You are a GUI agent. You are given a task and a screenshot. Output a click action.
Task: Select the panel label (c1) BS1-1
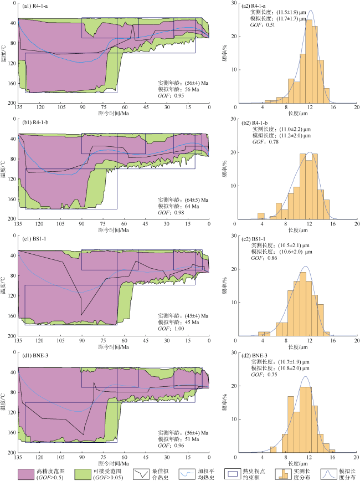[33, 239]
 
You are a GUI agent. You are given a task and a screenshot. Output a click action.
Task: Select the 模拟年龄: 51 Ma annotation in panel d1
[176, 438]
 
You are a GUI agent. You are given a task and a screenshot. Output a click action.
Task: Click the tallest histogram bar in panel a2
[308, 61]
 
